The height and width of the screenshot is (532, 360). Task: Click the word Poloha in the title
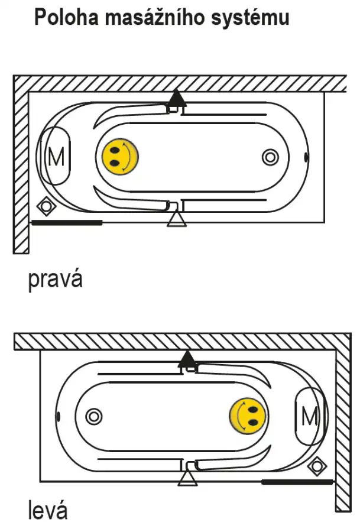pyautogui.click(x=66, y=17)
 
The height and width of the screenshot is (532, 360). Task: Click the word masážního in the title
pyautogui.click(x=155, y=18)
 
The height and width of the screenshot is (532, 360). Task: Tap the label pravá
pyautogui.click(x=56, y=280)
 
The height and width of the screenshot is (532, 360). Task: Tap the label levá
pyautogui.click(x=48, y=510)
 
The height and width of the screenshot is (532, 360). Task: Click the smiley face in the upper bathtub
pyautogui.click(x=121, y=157)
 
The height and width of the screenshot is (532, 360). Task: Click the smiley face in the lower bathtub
pyautogui.click(x=248, y=416)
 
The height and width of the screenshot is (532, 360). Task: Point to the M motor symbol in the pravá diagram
pyautogui.click(x=56, y=157)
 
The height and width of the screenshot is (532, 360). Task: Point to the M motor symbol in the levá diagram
pyautogui.click(x=310, y=416)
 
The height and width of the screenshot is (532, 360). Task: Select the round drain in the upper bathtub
pyautogui.click(x=270, y=157)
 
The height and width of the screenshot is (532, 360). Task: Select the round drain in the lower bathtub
pyautogui.click(x=94, y=416)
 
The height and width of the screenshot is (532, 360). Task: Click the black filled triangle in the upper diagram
pyautogui.click(x=176, y=98)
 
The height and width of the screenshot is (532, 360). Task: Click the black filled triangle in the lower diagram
pyautogui.click(x=187, y=359)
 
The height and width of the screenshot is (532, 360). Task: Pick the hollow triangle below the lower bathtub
pyautogui.click(x=187, y=478)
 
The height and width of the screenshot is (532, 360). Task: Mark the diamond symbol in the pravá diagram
pyautogui.click(x=46, y=206)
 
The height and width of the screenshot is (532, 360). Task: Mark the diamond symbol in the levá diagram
pyautogui.click(x=317, y=466)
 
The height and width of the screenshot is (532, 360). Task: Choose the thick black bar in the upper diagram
pyautogui.click(x=67, y=223)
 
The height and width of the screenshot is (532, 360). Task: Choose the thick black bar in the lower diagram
pyautogui.click(x=297, y=482)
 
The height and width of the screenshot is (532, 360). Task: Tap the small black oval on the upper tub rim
pyautogui.click(x=306, y=157)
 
